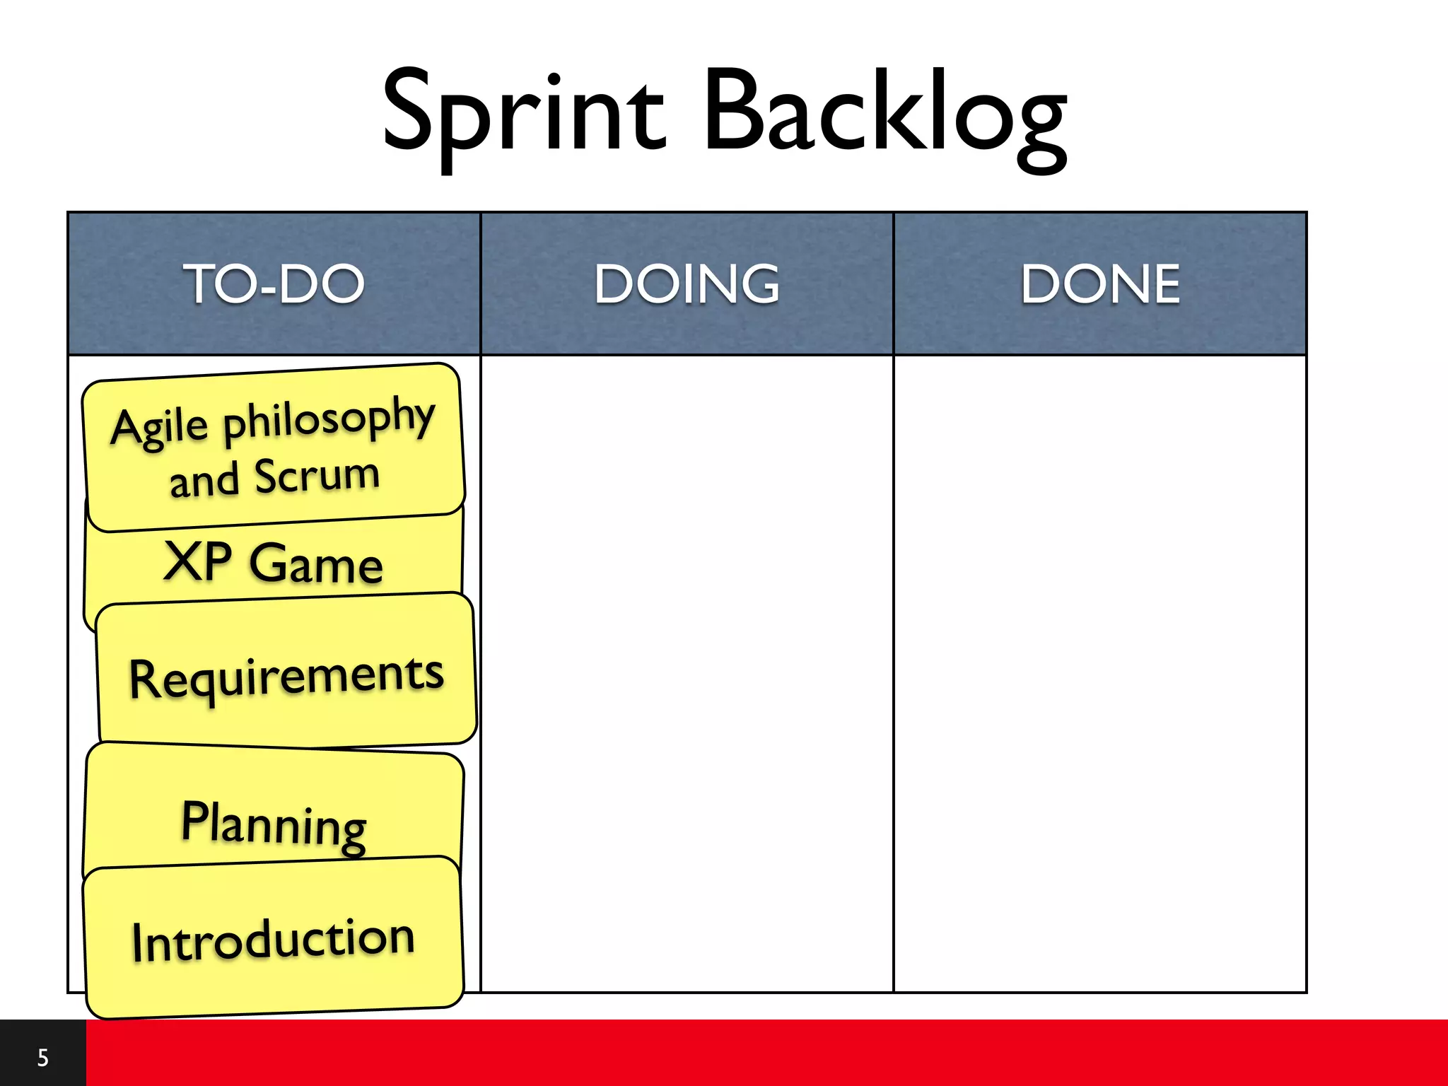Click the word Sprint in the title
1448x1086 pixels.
(x=523, y=113)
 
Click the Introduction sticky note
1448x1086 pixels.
(x=274, y=940)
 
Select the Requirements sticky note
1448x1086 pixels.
(x=286, y=675)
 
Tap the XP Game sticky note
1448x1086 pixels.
(x=274, y=563)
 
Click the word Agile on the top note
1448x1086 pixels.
(x=160, y=428)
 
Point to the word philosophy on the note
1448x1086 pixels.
(x=329, y=419)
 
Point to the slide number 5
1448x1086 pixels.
(x=43, y=1058)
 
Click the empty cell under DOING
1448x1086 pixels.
(x=687, y=672)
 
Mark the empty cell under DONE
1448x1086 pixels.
(x=1100, y=672)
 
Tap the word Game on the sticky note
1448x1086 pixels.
(x=316, y=566)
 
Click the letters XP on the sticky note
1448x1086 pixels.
(x=197, y=561)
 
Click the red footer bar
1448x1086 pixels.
(x=764, y=1053)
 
